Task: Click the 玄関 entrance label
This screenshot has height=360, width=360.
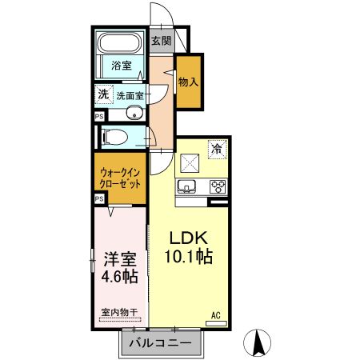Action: point(160,41)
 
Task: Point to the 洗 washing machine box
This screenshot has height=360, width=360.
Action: point(102,94)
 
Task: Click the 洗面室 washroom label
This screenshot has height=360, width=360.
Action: point(129,95)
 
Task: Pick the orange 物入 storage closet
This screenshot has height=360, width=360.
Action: point(189,82)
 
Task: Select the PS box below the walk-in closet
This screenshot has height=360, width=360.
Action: point(99,198)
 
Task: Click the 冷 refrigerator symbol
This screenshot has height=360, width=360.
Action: point(216,147)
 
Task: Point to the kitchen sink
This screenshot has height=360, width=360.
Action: point(188,187)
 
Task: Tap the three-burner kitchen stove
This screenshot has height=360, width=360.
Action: point(218,187)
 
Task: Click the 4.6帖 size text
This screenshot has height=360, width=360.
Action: point(119,277)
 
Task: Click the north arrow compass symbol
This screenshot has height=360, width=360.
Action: point(258,342)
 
